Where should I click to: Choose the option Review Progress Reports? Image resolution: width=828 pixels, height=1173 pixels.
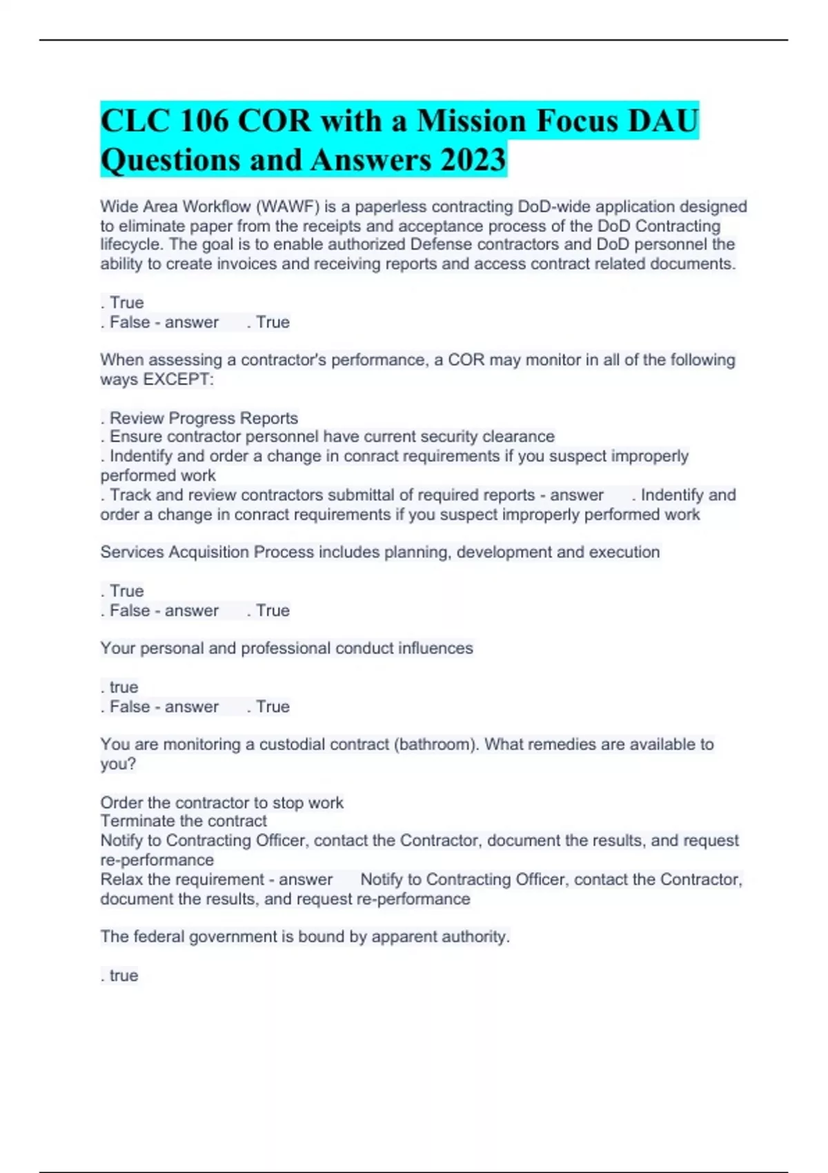(x=204, y=418)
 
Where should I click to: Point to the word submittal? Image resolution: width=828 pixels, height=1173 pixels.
(x=359, y=495)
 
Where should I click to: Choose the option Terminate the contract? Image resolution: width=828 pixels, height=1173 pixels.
(x=184, y=821)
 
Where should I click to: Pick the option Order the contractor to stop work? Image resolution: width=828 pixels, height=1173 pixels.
(x=221, y=803)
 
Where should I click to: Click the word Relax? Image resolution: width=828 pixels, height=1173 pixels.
(x=121, y=880)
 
